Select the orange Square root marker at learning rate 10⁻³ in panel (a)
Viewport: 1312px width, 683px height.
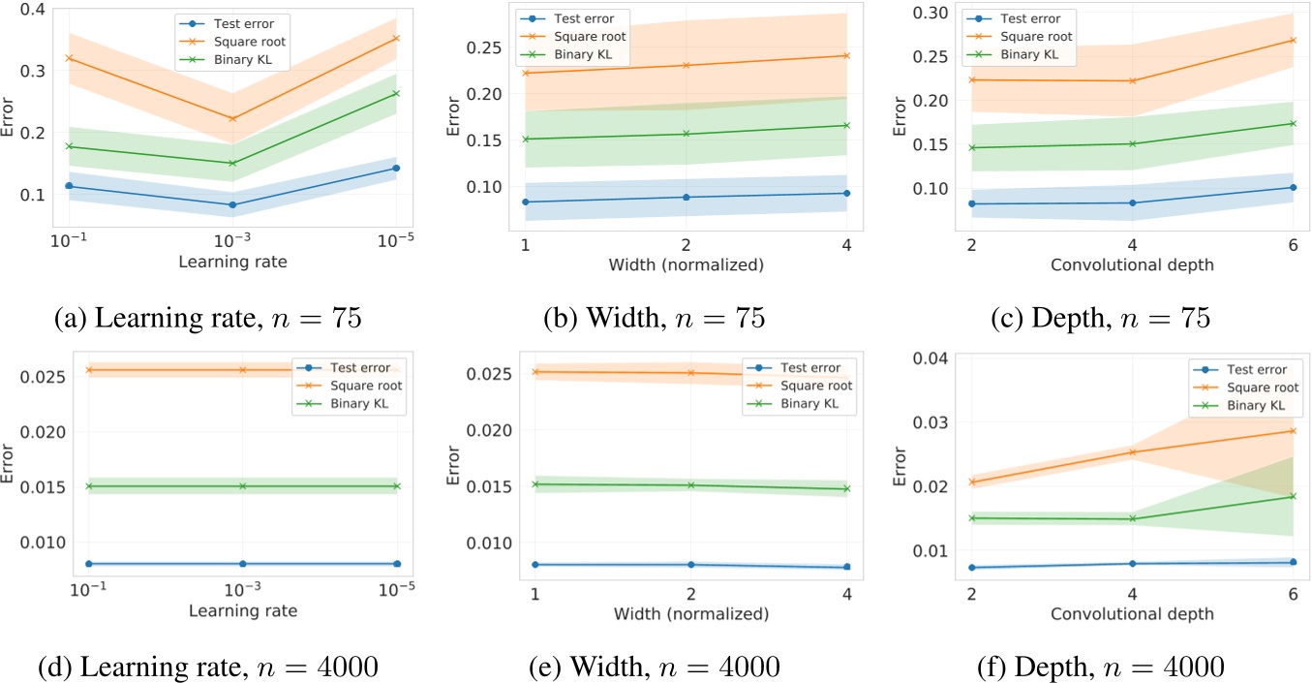(x=232, y=119)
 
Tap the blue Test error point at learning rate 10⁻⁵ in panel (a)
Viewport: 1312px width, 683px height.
(x=396, y=169)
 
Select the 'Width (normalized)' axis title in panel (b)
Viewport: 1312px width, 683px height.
(x=686, y=264)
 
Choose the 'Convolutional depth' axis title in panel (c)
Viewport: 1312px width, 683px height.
(x=1129, y=264)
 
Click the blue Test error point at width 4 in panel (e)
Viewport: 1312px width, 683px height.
(x=846, y=567)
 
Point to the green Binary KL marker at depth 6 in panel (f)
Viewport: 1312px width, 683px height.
(x=1293, y=497)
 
